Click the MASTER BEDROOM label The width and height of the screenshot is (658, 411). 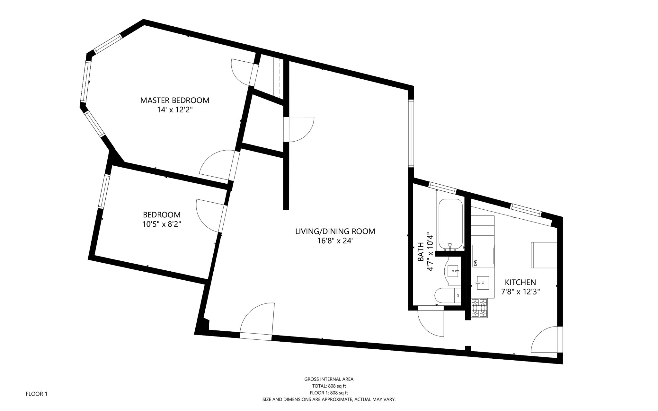(175, 100)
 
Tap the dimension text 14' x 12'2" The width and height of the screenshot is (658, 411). (175, 110)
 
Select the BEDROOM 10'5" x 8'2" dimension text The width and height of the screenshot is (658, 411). (162, 224)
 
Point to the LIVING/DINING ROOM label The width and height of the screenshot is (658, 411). (335, 231)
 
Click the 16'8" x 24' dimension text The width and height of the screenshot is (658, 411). (335, 241)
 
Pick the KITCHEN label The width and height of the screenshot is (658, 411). (520, 282)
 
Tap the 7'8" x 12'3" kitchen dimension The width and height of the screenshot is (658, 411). (520, 292)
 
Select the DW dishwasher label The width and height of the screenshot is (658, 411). (475, 263)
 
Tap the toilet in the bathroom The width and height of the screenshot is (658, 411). (447, 295)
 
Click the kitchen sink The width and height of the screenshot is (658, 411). (483, 283)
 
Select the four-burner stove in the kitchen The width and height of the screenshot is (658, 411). (479, 308)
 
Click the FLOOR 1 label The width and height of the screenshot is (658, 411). (36, 394)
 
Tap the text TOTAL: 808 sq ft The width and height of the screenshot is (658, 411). (329, 386)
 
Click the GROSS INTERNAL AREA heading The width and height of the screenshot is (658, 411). (329, 379)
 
